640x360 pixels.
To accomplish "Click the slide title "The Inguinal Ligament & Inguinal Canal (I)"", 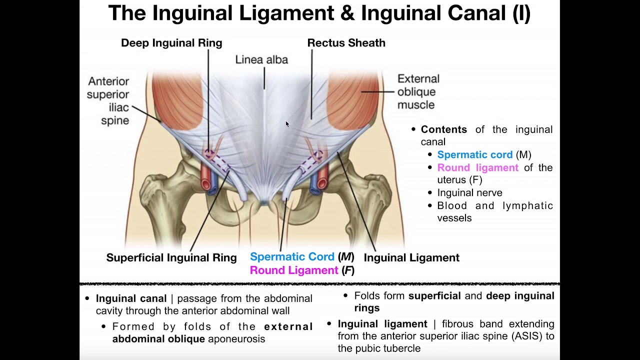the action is tap(319, 13).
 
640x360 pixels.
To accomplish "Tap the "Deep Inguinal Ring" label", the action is tap(171, 43).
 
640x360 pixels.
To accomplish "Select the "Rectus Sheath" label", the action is tap(346, 43).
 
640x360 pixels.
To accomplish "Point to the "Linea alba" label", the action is tap(261, 59).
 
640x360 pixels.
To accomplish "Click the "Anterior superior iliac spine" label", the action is tap(108, 101).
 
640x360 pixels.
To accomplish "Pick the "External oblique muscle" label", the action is tap(418, 91).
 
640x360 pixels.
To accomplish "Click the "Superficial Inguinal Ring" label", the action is tap(171, 257).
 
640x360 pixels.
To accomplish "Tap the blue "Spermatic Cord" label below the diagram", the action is tap(292, 256).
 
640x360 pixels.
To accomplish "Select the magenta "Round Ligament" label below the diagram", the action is tap(294, 270).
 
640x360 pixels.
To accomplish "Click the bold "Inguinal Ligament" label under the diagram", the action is tap(411, 257).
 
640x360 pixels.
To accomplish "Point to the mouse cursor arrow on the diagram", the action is tap(287, 124).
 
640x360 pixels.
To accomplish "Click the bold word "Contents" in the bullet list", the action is tap(443, 129).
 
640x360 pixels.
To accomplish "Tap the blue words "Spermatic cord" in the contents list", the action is tap(475, 154).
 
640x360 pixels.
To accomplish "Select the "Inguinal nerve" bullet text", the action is tap(469, 192).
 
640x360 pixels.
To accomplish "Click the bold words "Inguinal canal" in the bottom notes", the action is tap(131, 298).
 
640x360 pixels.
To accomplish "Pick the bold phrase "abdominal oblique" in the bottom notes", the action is tap(158, 339).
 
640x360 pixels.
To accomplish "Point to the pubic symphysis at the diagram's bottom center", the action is tap(264, 202).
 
